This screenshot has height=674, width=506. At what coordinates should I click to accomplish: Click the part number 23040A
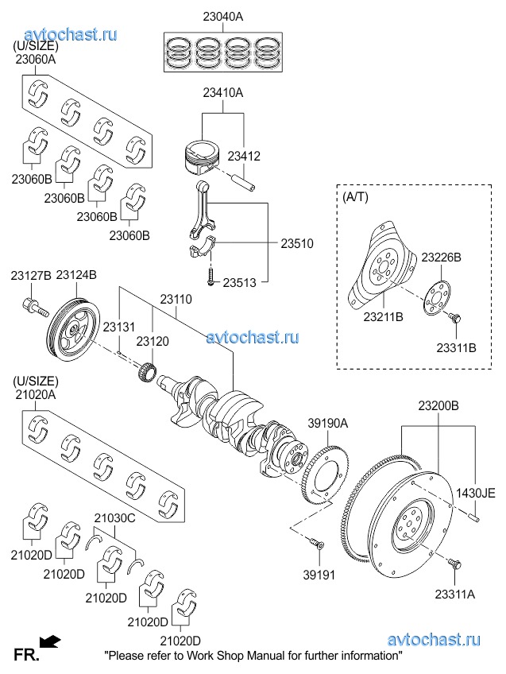222,16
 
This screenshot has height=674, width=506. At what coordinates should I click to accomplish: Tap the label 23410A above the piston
222,93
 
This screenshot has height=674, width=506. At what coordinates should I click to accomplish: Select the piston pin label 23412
244,157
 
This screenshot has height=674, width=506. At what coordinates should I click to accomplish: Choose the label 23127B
31,275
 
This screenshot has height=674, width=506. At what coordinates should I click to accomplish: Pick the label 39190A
328,424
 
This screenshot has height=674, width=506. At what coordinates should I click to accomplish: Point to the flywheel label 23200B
438,405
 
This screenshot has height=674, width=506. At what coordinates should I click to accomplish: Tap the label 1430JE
475,492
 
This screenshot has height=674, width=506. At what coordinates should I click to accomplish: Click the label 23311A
456,592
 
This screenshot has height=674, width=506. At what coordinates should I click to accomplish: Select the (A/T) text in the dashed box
355,196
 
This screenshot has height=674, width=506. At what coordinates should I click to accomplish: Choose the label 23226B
441,258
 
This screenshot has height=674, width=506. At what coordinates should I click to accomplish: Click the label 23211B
384,316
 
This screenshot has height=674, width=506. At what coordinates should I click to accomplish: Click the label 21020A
35,395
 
